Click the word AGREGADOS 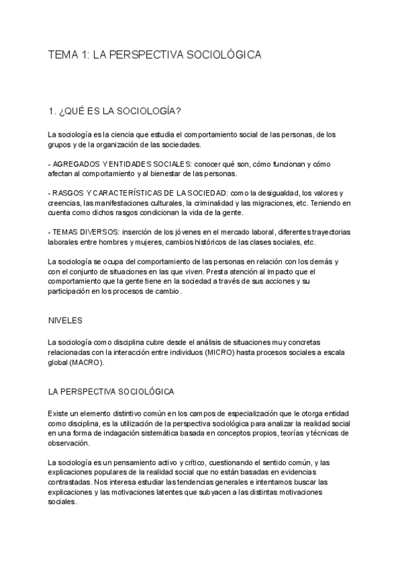[x=73, y=164]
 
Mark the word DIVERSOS [x=83, y=232]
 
